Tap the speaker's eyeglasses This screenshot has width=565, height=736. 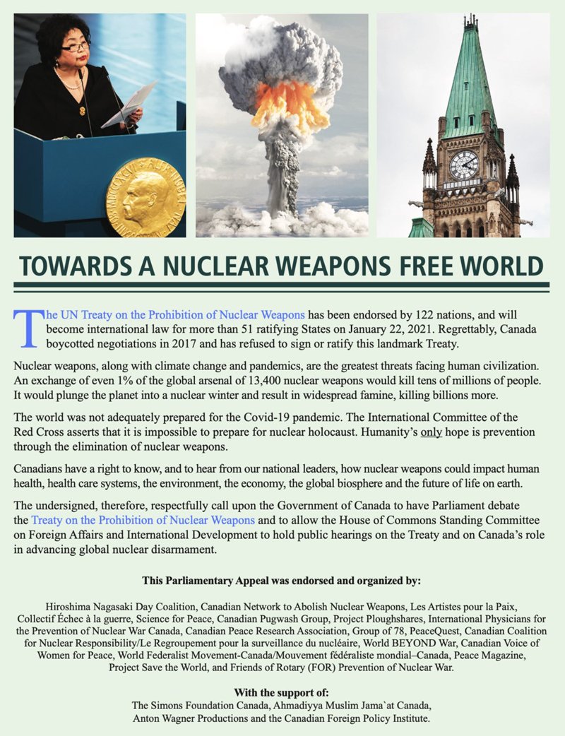pos(76,47)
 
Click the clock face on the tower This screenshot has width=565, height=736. pos(463,165)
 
